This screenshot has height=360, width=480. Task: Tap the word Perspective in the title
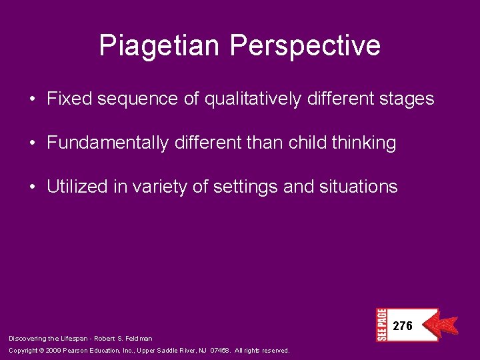pyautogui.click(x=305, y=46)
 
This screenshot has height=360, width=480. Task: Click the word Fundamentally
pyautogui.click(x=107, y=143)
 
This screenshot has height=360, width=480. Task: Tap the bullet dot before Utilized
pyautogui.click(x=33, y=187)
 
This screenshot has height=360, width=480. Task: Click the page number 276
pyautogui.click(x=403, y=326)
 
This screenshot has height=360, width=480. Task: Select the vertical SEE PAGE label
pyautogui.click(x=381, y=325)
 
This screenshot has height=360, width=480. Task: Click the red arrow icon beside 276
pyautogui.click(x=443, y=325)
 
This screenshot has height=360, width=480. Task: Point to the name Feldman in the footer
pyautogui.click(x=139, y=339)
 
